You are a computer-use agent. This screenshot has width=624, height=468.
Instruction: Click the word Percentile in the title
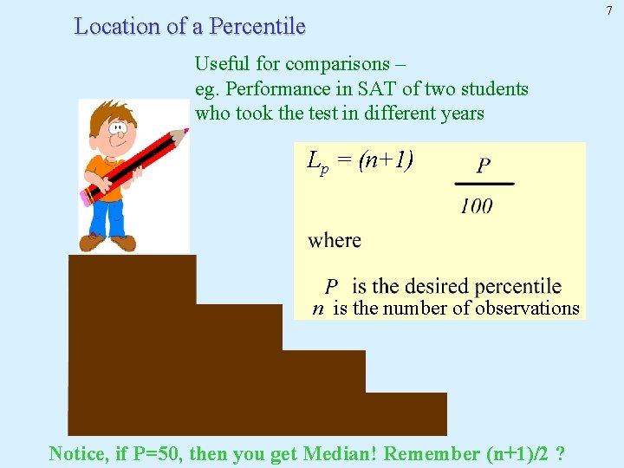coord(257,27)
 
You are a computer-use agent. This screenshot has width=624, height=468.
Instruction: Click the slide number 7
coord(609,10)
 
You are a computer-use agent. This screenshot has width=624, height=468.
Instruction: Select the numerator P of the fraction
coord(484,166)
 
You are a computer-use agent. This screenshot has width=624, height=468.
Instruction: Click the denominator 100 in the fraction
coord(476,205)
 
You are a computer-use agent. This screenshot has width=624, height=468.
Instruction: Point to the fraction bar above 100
coord(484,184)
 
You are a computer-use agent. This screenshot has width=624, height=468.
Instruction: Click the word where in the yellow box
coord(335,240)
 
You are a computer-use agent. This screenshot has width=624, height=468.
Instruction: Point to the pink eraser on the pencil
coord(87,197)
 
